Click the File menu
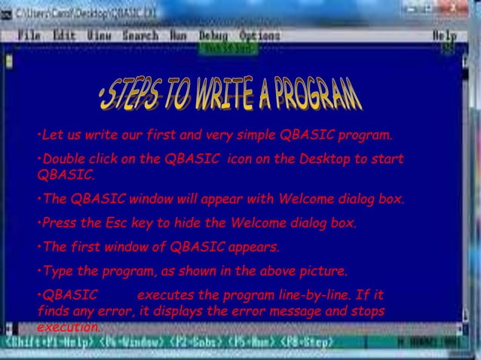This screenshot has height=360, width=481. click(x=29, y=35)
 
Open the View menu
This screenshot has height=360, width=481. click(x=99, y=35)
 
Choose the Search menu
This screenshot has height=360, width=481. click(x=140, y=35)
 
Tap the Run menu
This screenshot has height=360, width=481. click(x=179, y=35)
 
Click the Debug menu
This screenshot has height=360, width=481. click(x=214, y=35)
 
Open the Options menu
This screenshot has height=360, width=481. click(x=259, y=35)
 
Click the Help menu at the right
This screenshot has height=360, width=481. click(x=444, y=35)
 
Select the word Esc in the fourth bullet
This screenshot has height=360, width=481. click(x=115, y=223)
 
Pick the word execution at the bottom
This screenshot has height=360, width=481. click(x=67, y=328)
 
